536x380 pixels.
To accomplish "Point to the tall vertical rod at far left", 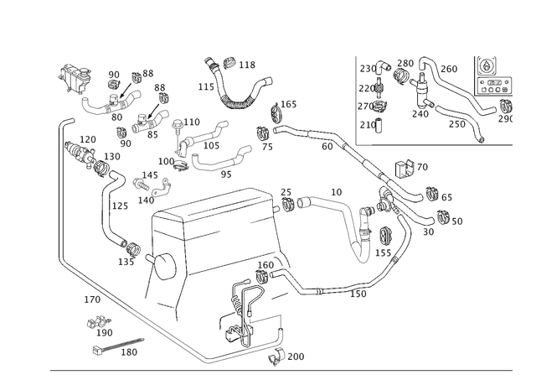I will [x=63, y=193].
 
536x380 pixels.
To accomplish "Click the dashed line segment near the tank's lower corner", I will [x=318, y=289].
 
